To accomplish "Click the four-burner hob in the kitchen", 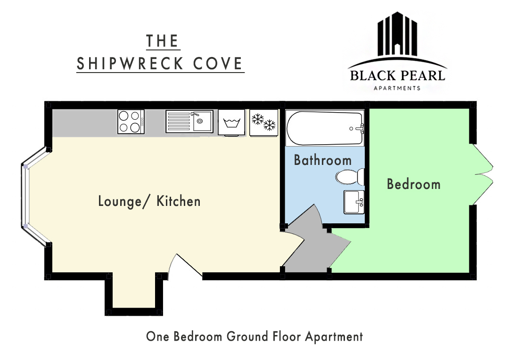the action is click(x=131, y=122).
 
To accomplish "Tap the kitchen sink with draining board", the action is click(x=189, y=122).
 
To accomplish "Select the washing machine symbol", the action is click(x=231, y=123).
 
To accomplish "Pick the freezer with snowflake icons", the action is click(x=263, y=123).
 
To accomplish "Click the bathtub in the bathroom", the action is click(x=325, y=128).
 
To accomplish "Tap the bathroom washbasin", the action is click(x=354, y=202).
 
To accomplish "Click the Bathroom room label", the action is click(x=323, y=160).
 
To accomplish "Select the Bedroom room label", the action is click(x=414, y=184).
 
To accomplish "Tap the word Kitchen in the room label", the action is click(x=179, y=201).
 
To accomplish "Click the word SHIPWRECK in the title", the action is click(x=130, y=64).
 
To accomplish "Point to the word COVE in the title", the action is click(x=218, y=64).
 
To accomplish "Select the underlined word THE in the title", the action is click(x=163, y=41).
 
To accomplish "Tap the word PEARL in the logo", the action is click(x=422, y=76).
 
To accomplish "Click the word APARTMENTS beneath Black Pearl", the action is click(x=397, y=88).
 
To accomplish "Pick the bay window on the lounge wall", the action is click(x=34, y=196).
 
